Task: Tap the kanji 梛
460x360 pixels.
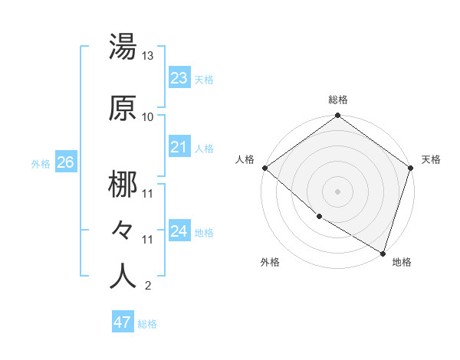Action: coord(123,186)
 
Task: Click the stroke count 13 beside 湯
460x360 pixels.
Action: coord(148,56)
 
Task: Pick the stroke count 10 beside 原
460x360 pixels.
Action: coord(148,117)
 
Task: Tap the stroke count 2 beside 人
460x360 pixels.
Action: coord(147,286)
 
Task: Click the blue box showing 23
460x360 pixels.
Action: coord(179,77)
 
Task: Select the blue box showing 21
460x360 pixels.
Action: coord(179,147)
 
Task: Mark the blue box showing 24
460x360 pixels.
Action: coord(179,231)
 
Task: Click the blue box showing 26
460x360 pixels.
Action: coord(65,162)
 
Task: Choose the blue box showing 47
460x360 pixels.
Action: coord(122,322)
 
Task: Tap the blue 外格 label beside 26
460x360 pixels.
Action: coord(41,163)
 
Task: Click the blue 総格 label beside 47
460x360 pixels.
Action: coord(147,324)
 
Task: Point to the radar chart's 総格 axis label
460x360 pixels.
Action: coord(337,100)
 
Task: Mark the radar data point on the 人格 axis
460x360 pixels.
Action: coord(264,168)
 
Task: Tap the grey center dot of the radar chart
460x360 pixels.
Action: coord(337,191)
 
